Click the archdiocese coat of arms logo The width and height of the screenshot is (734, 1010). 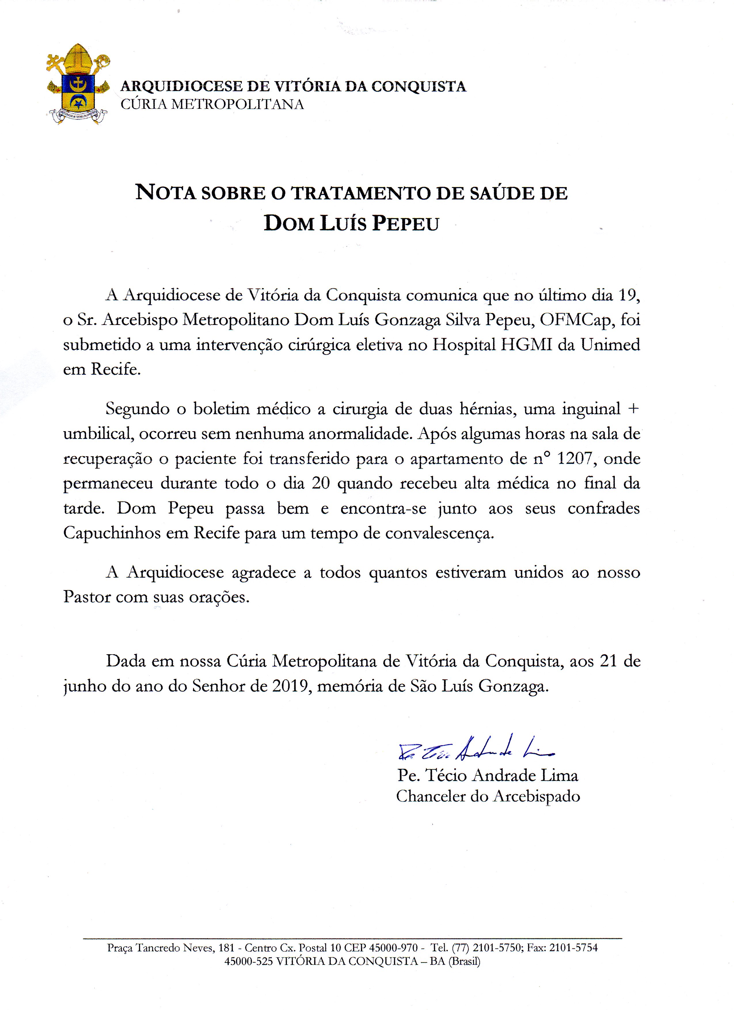click(x=78, y=85)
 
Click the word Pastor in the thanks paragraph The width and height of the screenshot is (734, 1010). click(x=86, y=597)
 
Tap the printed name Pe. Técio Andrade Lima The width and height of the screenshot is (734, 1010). click(x=488, y=775)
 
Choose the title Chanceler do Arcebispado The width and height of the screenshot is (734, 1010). click(x=488, y=796)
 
